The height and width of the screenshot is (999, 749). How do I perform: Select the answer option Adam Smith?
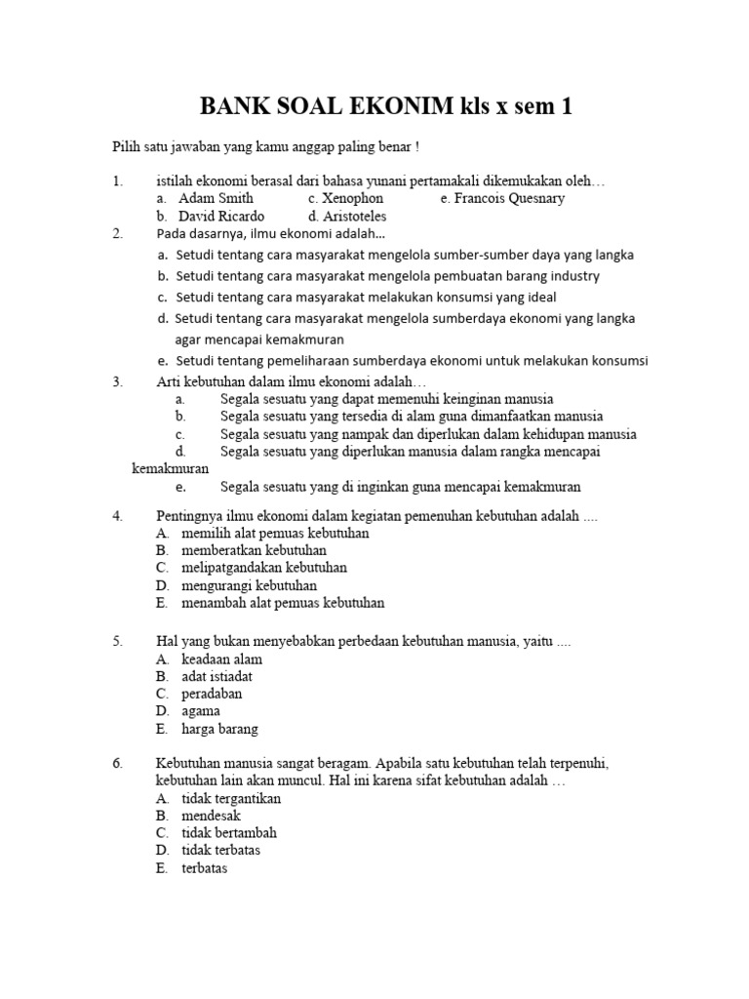(216, 198)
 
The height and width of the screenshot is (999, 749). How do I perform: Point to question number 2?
(117, 233)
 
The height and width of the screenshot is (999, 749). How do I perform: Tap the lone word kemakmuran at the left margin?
(170, 469)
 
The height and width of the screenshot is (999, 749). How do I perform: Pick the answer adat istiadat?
(217, 676)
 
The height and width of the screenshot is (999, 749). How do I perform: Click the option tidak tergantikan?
(231, 798)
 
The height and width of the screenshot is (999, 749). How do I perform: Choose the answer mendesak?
(211, 816)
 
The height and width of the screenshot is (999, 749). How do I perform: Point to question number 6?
(117, 763)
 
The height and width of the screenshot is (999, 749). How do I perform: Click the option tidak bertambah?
(229, 833)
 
